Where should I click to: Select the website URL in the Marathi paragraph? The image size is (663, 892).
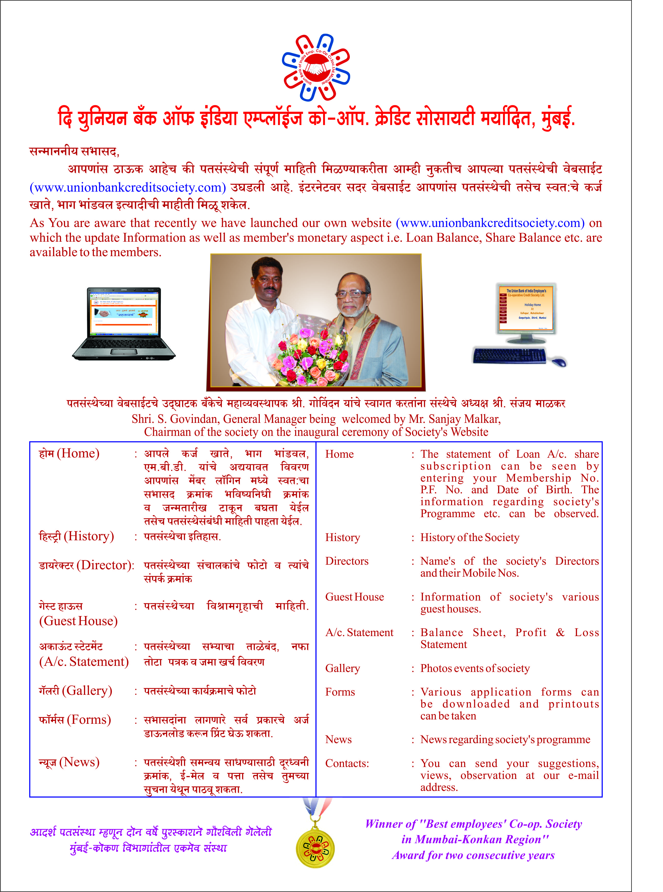(128, 188)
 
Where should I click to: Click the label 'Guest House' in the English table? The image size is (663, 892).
(354, 597)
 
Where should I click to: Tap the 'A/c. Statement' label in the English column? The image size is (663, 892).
(359, 633)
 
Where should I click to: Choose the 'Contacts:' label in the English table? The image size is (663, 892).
(347, 764)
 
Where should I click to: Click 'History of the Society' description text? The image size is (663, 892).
(470, 537)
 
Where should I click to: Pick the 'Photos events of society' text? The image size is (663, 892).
(475, 669)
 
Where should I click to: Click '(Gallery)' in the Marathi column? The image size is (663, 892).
(87, 691)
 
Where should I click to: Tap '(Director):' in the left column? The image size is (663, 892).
(106, 565)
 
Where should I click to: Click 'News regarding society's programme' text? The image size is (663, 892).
(505, 740)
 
